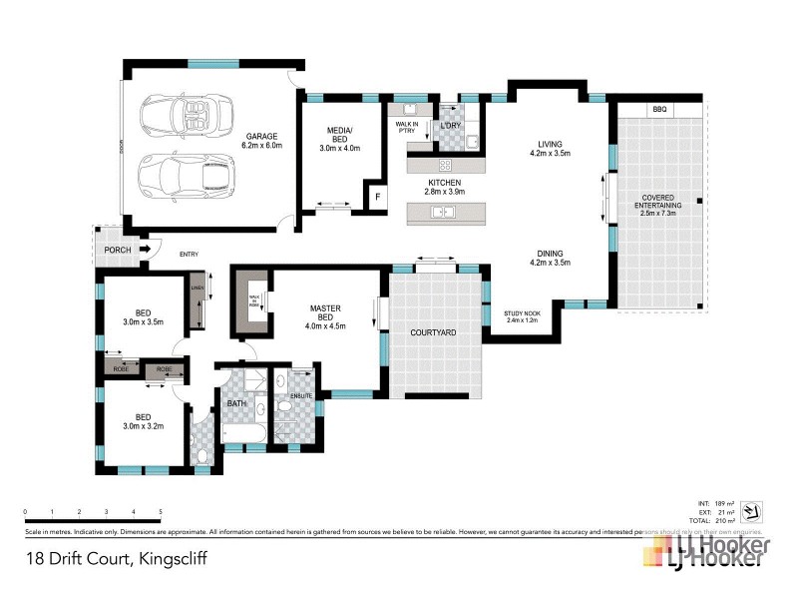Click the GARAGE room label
point(262,136)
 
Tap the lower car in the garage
point(188,176)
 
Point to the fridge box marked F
point(378,197)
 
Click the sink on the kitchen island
point(441,212)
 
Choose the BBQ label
point(658,108)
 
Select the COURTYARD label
point(434,331)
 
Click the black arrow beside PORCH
point(144,249)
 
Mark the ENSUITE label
point(302,396)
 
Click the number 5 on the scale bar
point(161,511)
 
